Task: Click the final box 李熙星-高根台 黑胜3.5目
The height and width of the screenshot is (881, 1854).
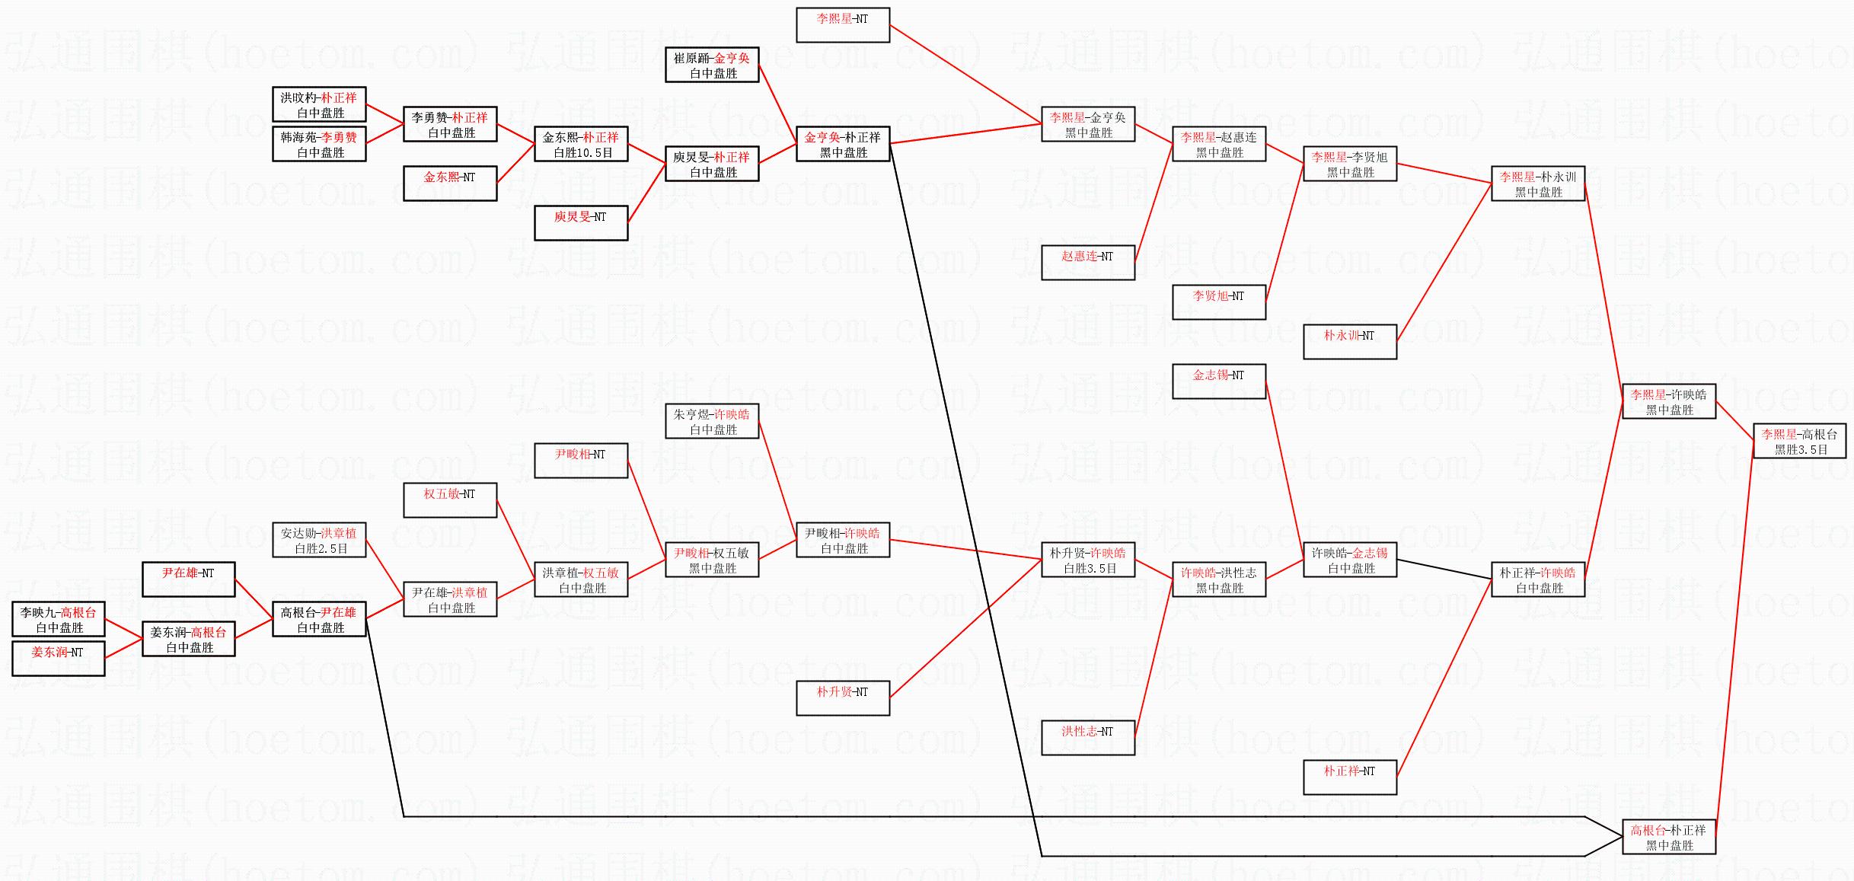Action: click(x=1800, y=442)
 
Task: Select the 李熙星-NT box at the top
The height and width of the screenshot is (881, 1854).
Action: click(x=843, y=25)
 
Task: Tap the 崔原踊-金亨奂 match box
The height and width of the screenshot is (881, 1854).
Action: click(x=712, y=65)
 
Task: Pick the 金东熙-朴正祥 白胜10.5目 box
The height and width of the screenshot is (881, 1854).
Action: click(x=581, y=145)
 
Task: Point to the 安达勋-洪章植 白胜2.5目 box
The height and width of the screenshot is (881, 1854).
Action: click(x=319, y=541)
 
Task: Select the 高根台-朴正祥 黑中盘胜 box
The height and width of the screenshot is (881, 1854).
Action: click(x=1669, y=838)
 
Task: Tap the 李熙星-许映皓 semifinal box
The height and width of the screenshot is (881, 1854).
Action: click(x=1669, y=402)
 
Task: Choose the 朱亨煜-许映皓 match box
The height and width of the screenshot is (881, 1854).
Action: click(x=712, y=422)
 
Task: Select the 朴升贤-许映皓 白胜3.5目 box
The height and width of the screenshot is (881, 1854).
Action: click(x=1088, y=560)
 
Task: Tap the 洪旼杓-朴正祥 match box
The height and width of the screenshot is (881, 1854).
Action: click(x=319, y=105)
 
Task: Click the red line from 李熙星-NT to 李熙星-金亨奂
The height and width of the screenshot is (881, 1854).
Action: click(x=965, y=75)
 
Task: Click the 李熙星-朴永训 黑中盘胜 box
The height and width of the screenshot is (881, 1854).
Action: click(x=1538, y=184)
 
